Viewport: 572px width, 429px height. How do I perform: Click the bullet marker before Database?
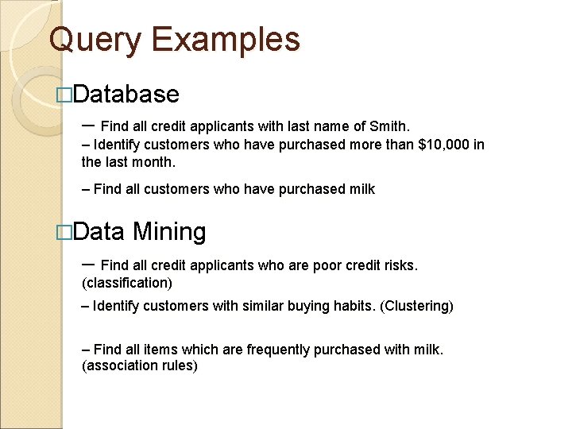[65, 95]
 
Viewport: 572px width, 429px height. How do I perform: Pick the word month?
[153, 162]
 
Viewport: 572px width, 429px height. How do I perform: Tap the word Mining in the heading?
[169, 232]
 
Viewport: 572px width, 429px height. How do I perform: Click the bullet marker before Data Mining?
[65, 233]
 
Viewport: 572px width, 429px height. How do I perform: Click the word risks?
[398, 265]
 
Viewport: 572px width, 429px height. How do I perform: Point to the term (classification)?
[127, 283]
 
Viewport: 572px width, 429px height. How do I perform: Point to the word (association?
[120, 366]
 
